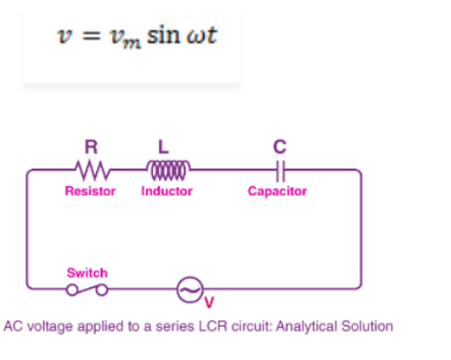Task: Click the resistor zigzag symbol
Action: tap(93, 170)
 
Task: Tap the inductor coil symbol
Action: tap(168, 170)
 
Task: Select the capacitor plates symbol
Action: tap(280, 172)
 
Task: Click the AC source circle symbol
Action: tap(190, 290)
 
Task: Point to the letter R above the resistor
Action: tap(91, 147)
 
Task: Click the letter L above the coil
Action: tap(163, 147)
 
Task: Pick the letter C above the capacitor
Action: tap(279, 147)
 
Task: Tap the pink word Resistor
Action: tap(90, 191)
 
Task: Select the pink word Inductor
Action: tap(166, 191)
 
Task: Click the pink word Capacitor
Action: tap(277, 192)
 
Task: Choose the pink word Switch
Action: tap(87, 273)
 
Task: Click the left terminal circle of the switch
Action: tap(72, 290)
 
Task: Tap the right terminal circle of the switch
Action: tap(102, 290)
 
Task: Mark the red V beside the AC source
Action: tap(209, 302)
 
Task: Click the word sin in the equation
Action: tap(163, 36)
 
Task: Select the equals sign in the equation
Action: tap(92, 37)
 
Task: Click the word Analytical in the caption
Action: tap(307, 327)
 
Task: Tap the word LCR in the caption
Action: tap(213, 326)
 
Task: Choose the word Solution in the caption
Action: tap(367, 326)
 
